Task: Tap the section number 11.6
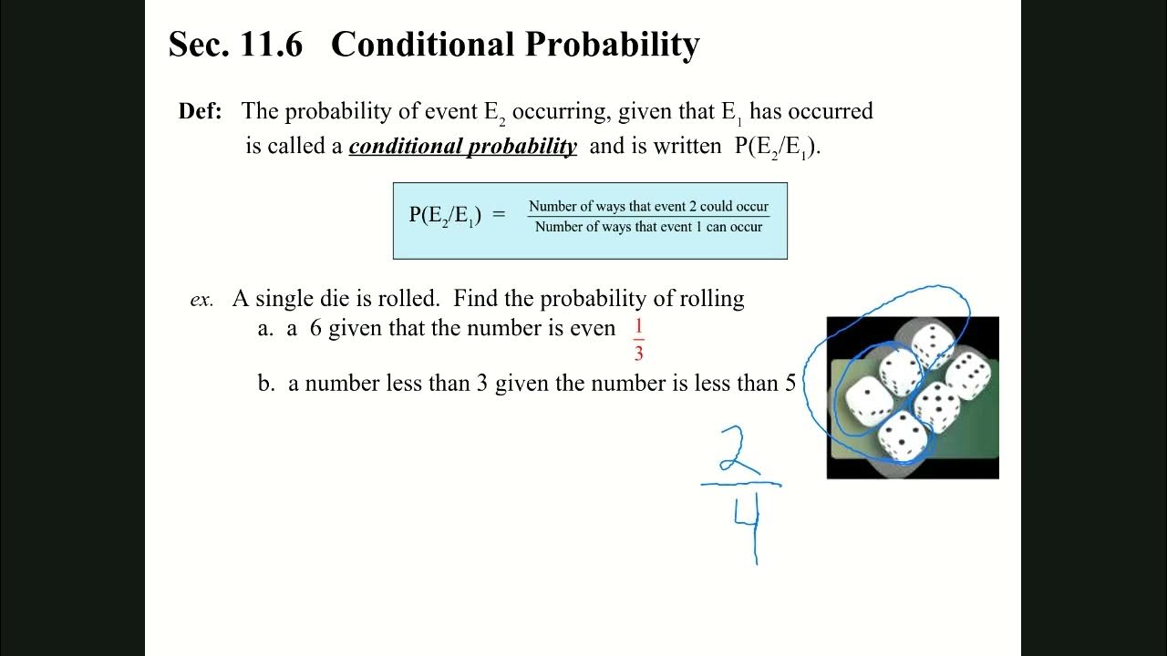271,45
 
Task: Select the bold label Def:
201,112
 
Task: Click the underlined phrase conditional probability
462,147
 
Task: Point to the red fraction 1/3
638,341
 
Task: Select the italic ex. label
201,300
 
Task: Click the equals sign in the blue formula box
499,215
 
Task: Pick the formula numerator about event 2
648,207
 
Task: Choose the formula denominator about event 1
648,227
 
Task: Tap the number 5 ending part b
790,384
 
